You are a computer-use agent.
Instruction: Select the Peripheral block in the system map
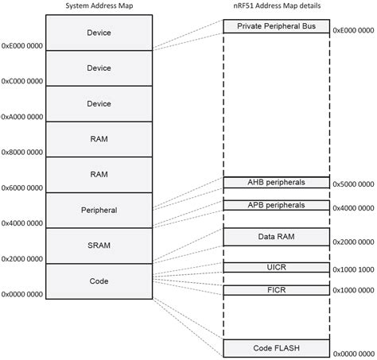click(x=99, y=211)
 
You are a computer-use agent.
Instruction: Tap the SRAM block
click(x=99, y=246)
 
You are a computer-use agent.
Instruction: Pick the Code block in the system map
click(x=99, y=281)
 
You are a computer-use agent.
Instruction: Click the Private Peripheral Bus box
click(x=276, y=26)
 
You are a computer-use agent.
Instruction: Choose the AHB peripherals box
click(x=276, y=183)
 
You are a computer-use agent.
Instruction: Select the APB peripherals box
click(x=276, y=205)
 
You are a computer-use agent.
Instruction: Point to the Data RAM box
click(x=276, y=237)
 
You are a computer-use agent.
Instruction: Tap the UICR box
click(x=276, y=268)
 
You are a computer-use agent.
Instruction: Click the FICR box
click(x=276, y=290)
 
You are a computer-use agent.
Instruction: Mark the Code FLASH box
click(x=276, y=347)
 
